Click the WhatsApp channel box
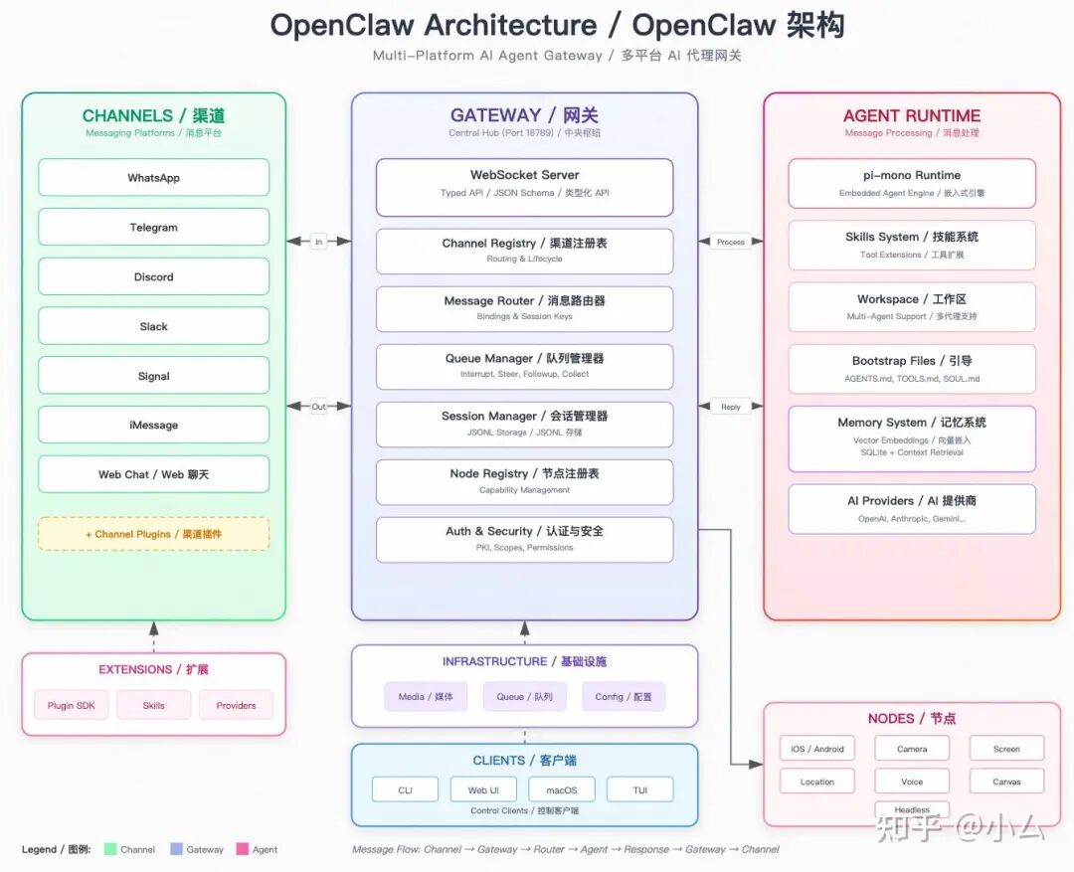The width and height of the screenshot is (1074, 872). (x=153, y=178)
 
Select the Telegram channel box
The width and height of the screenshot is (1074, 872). (x=153, y=228)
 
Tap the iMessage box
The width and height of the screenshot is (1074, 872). (x=153, y=425)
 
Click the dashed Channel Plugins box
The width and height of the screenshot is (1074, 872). (x=153, y=534)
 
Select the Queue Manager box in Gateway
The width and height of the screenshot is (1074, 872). (x=524, y=366)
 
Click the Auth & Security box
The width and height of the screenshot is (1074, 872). (x=524, y=539)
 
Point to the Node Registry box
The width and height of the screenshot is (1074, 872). (x=524, y=481)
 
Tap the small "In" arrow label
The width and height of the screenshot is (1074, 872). (x=318, y=242)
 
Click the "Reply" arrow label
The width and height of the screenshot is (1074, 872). (x=731, y=407)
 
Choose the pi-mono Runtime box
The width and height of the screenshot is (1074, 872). (x=911, y=183)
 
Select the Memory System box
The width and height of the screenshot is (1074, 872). (x=911, y=437)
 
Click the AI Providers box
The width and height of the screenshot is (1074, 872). (x=911, y=508)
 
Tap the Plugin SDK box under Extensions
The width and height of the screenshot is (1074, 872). (x=72, y=706)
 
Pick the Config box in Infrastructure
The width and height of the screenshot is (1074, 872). (x=624, y=697)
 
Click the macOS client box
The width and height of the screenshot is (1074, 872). (x=561, y=790)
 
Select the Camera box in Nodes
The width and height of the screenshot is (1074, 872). (x=911, y=749)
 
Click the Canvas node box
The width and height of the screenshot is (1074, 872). (x=1006, y=782)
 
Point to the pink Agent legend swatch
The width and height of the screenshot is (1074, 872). (x=242, y=849)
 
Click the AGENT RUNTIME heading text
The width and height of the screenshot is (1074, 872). (x=911, y=116)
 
